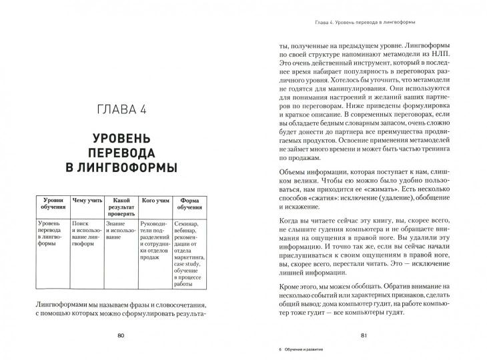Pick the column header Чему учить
[x=88, y=199]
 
